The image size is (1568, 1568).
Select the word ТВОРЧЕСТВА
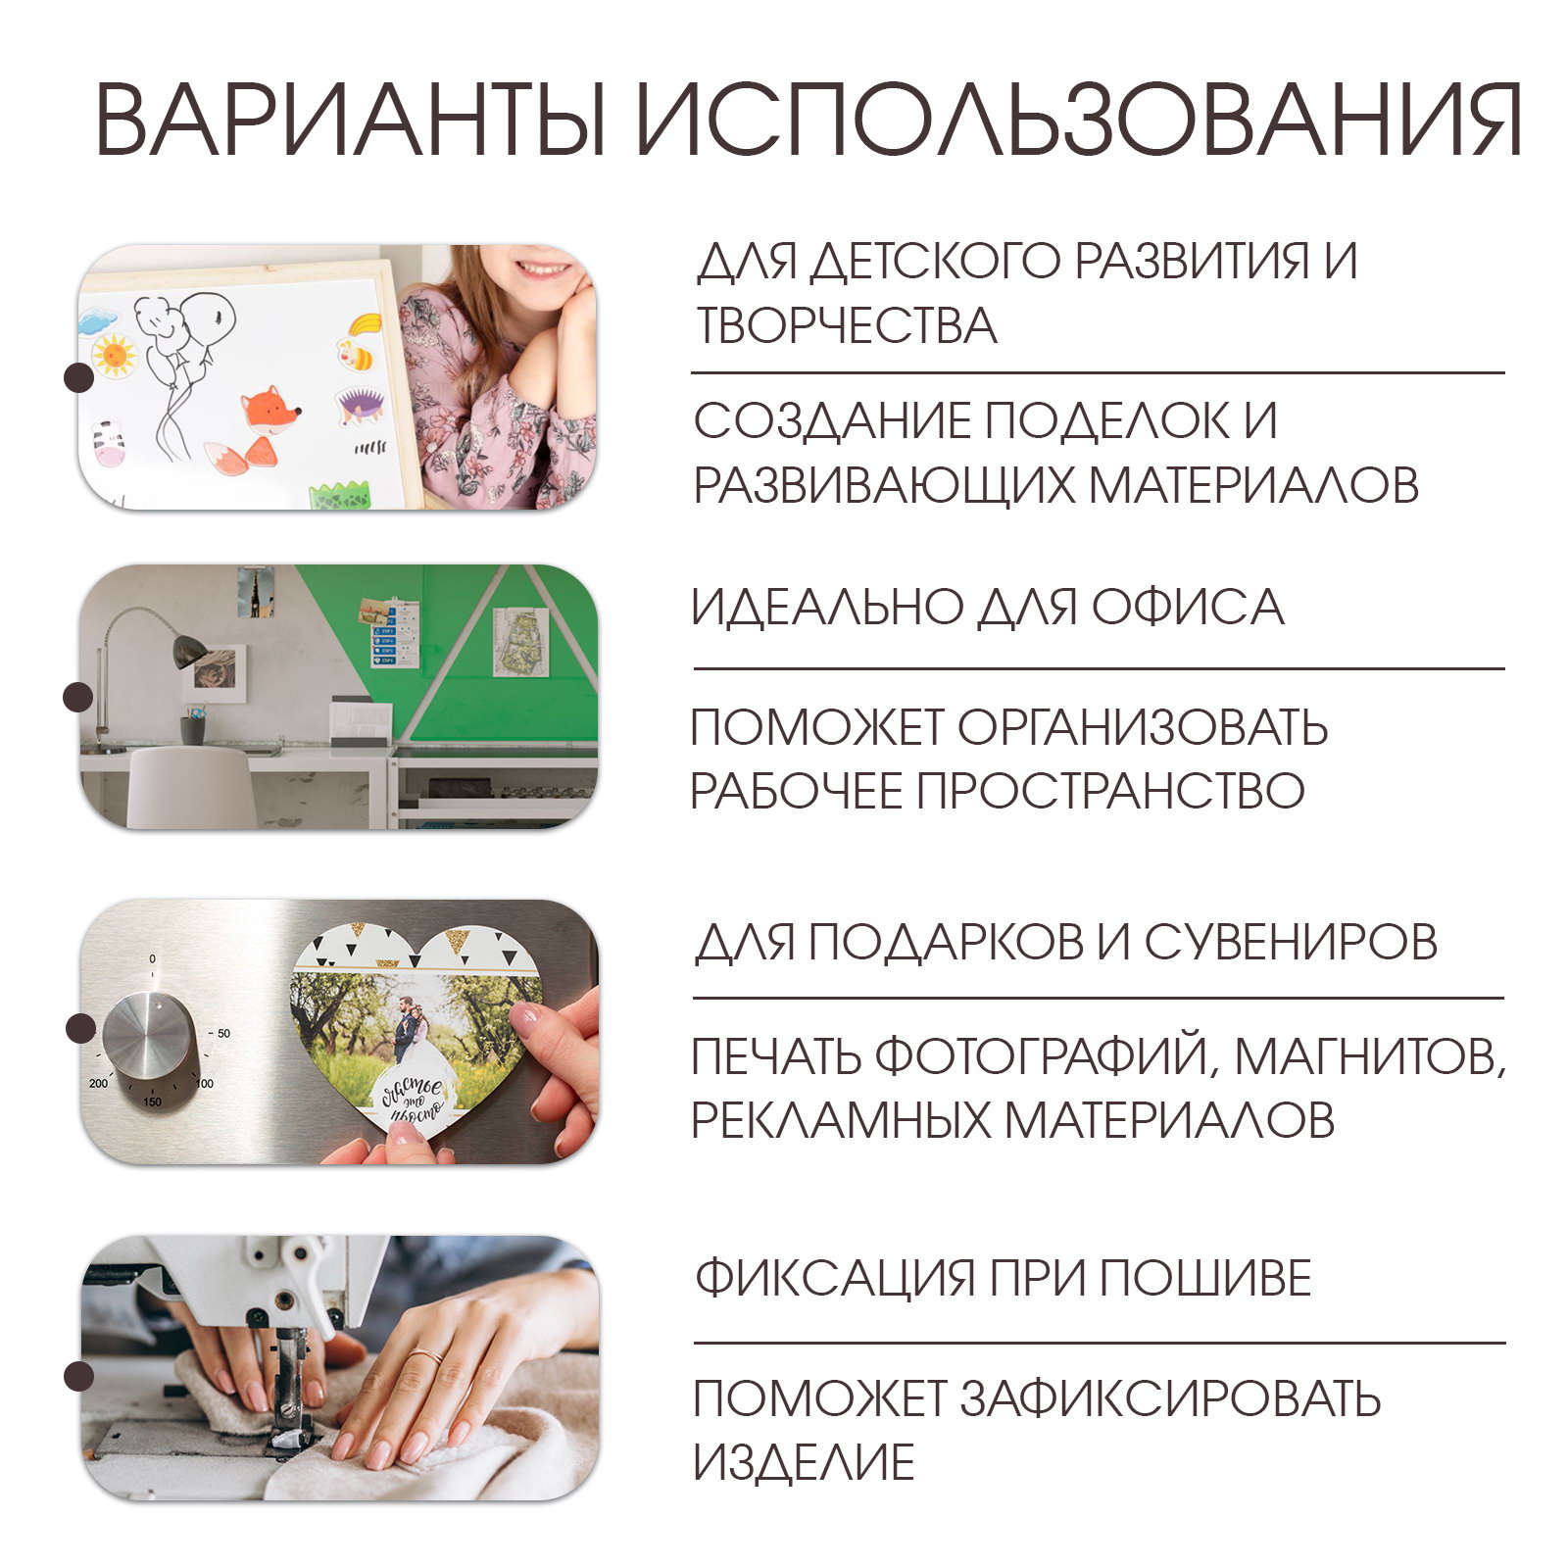click(846, 326)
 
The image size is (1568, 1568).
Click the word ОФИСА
click(1188, 607)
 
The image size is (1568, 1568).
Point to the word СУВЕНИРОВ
click(1291, 942)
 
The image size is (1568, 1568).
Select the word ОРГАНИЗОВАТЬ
click(1143, 727)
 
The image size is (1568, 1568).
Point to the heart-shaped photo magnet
click(416, 1029)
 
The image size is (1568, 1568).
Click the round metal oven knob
click(148, 1035)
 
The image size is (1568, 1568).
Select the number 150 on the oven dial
click(153, 1102)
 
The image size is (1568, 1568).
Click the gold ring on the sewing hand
click(427, 1357)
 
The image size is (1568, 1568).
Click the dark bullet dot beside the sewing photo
click(79, 1375)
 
